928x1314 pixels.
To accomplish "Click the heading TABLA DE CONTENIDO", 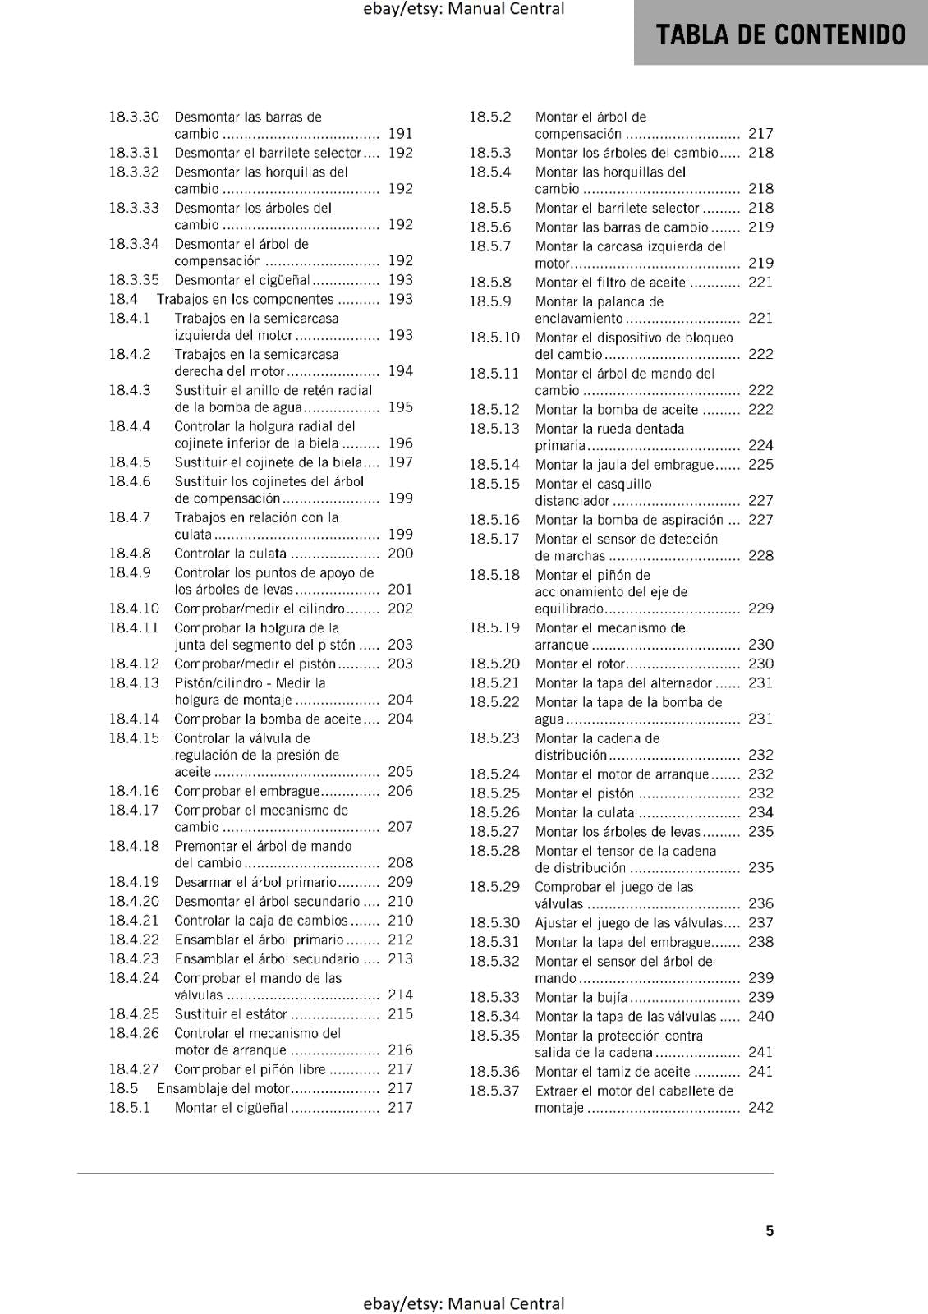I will coord(780,34).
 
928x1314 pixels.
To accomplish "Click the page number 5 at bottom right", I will coord(770,1230).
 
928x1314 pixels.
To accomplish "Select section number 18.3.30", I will coord(134,117).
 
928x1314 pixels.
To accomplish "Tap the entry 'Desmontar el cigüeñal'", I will coord(242,280).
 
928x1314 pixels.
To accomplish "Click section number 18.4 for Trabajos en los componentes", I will coord(123,300).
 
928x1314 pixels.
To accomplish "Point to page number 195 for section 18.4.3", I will coord(400,407).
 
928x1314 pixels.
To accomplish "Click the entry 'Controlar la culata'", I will coord(230,554).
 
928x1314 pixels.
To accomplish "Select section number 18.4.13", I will coord(134,683).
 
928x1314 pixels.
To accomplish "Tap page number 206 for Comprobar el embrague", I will coord(400,791).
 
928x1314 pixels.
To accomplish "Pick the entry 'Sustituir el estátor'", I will coord(231,1014).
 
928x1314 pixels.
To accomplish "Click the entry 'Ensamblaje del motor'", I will coord(223,1088).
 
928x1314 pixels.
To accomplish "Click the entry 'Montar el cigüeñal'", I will coord(231,1108).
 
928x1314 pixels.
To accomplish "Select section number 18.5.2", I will coord(490,117).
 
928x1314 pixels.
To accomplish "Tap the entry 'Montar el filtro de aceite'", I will coord(610,283).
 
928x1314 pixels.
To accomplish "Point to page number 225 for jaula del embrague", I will coord(760,465).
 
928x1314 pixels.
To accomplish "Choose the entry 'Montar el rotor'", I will coord(580,664).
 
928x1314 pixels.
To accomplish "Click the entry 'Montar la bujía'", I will coord(581,997).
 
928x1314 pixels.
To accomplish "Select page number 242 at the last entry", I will coord(760,1108).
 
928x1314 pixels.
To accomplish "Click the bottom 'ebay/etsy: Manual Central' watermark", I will coord(464,1303).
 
